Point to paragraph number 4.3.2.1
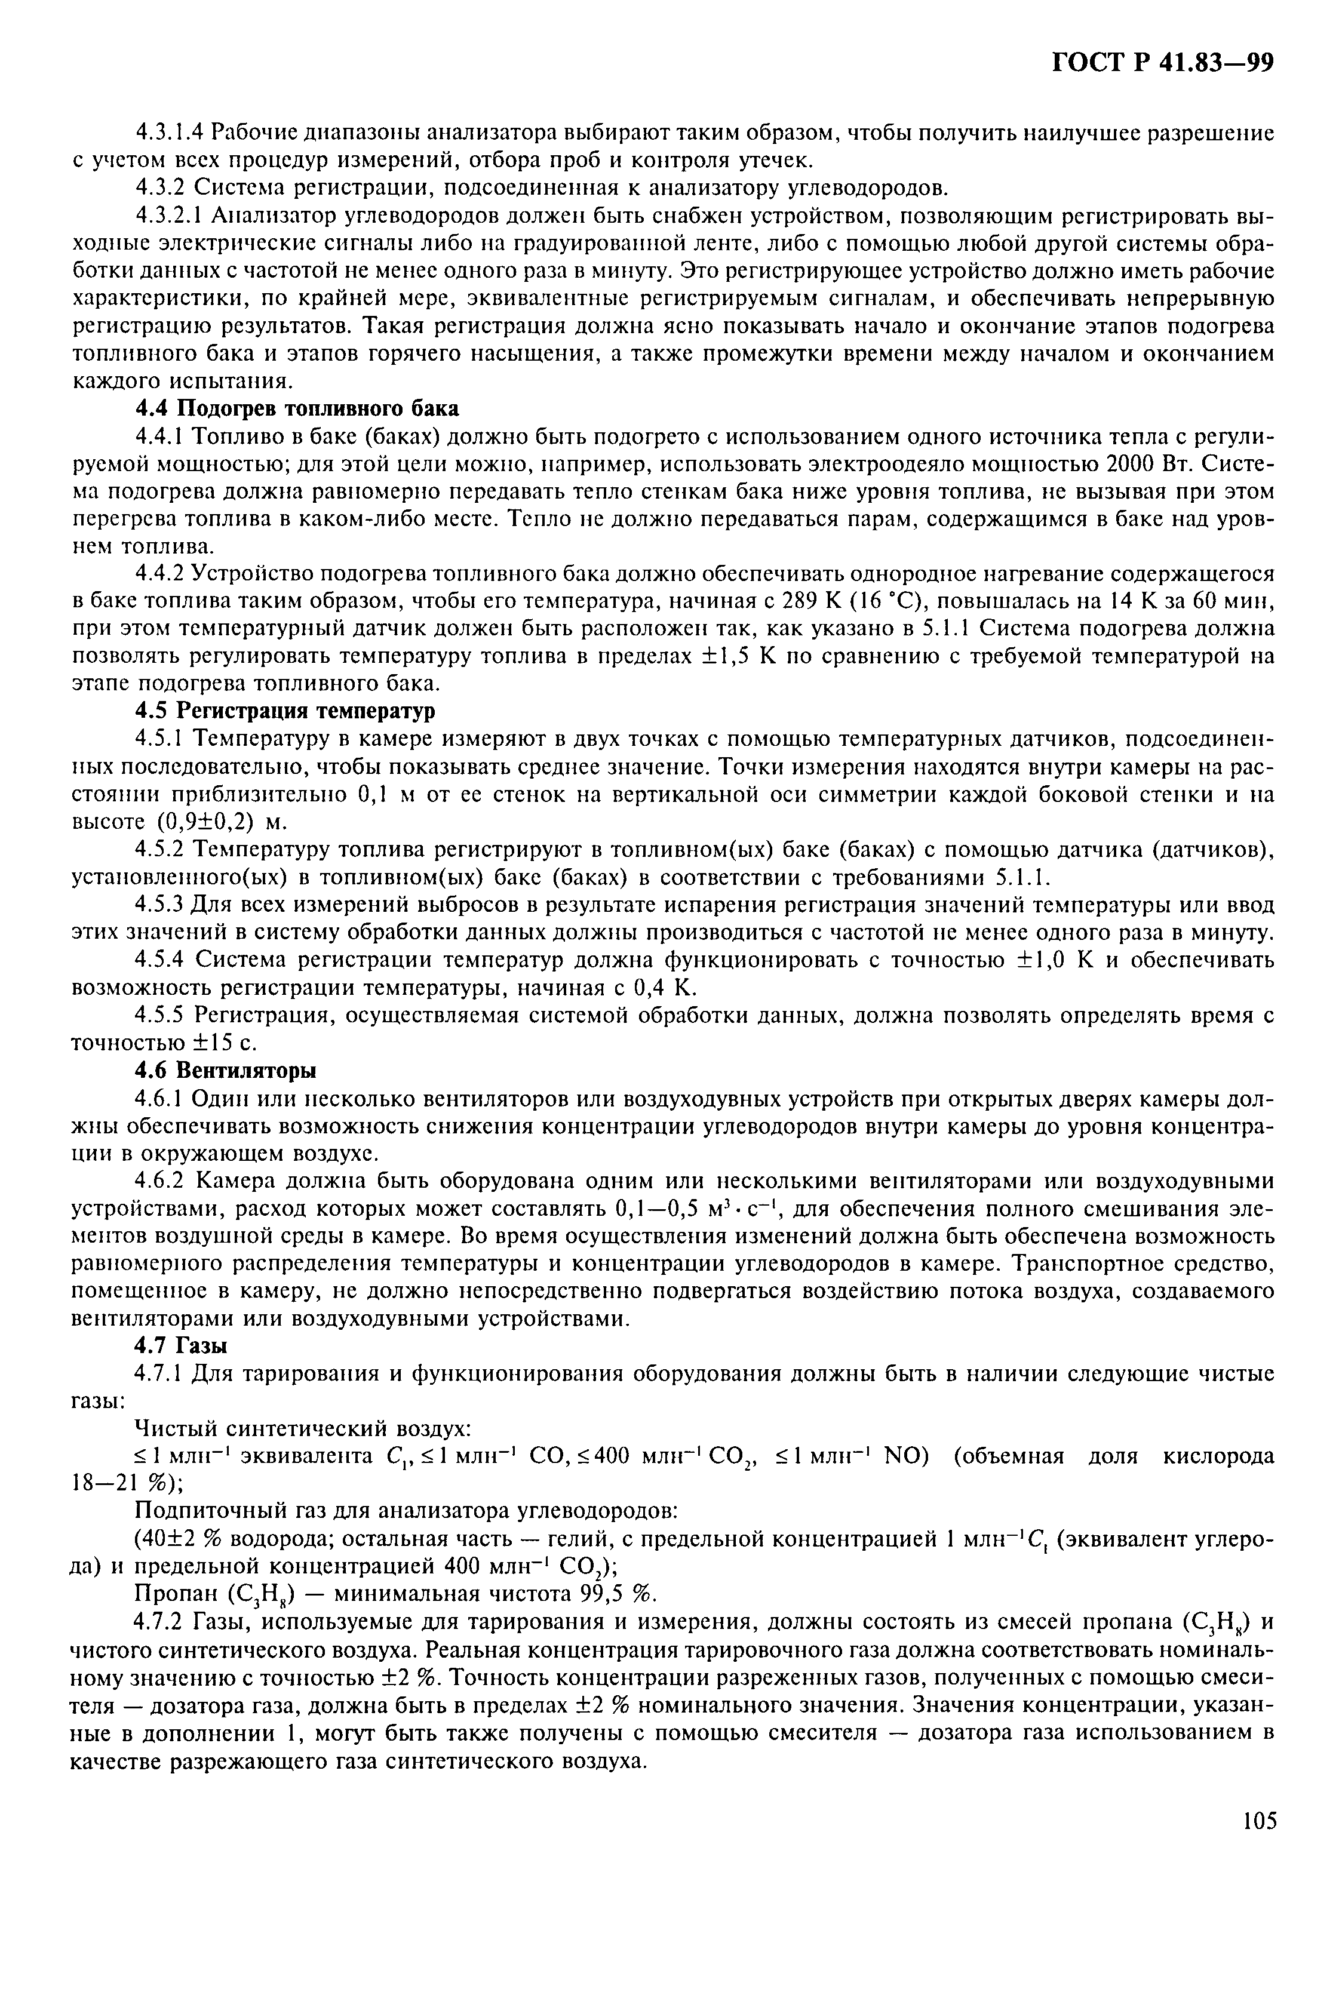[x=173, y=215]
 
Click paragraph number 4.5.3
[x=161, y=904]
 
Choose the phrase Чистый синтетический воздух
[x=305, y=1428]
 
